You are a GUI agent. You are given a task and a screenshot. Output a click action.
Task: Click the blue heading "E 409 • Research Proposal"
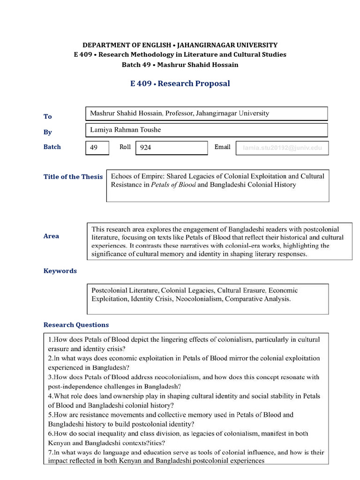[x=180, y=83]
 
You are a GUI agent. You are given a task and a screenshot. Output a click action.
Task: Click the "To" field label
[x=48, y=116]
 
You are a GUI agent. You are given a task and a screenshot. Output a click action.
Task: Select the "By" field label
[x=48, y=132]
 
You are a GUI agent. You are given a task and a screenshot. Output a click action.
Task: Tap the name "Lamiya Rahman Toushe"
[x=122, y=130]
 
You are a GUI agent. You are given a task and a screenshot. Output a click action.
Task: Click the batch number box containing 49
[x=97, y=148]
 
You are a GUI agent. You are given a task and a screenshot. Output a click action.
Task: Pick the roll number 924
[x=146, y=148]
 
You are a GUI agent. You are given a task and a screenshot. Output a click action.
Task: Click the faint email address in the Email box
[x=282, y=148]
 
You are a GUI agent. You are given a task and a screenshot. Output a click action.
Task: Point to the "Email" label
[x=222, y=147]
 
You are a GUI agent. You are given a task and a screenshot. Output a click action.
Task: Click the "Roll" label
[x=125, y=147]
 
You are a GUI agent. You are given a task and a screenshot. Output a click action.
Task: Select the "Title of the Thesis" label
[x=73, y=177]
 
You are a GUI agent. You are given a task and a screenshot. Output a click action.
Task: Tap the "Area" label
[x=51, y=236]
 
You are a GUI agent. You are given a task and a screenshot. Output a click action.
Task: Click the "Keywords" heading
[x=60, y=270]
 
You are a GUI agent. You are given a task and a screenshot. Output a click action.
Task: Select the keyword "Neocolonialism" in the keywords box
[x=198, y=299]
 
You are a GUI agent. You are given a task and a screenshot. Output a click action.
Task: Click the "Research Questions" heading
[x=76, y=324]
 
